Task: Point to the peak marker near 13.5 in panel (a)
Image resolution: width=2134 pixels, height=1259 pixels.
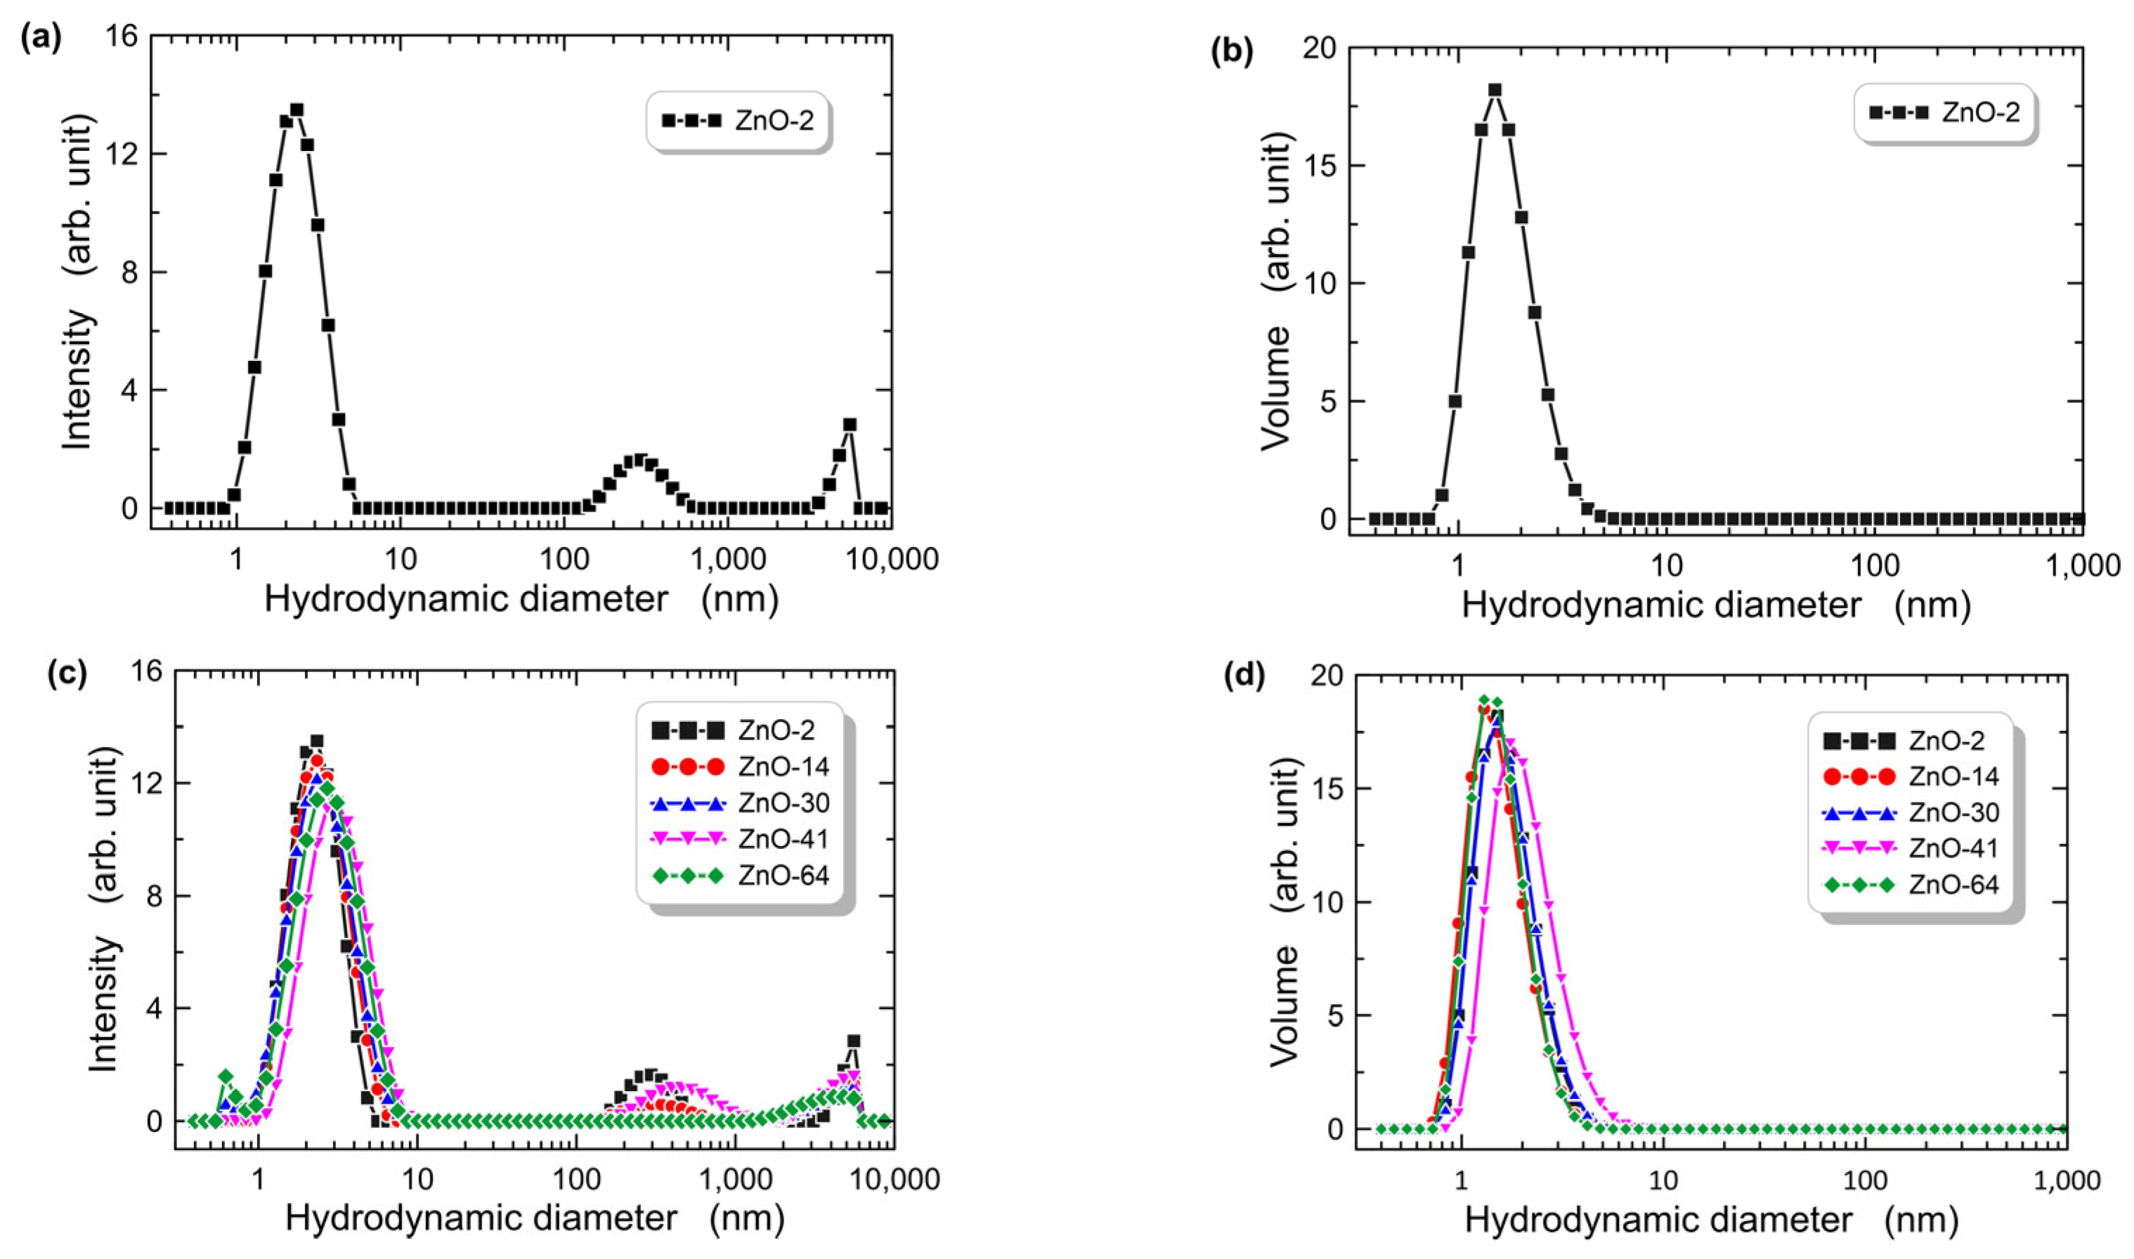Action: point(297,110)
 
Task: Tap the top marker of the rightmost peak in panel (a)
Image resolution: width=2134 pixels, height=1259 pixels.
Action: point(850,424)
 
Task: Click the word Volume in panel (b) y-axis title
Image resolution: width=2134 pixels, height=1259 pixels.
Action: point(1276,388)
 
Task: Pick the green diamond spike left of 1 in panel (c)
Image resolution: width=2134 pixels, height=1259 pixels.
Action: point(226,1076)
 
